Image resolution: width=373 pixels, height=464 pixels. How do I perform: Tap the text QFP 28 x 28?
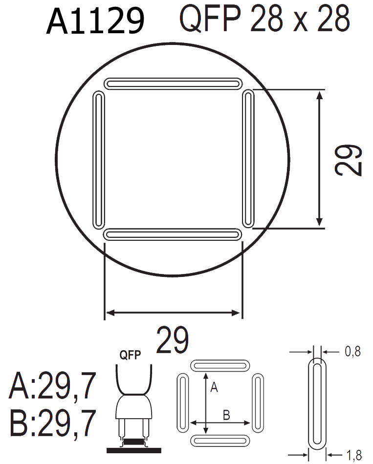point(264,19)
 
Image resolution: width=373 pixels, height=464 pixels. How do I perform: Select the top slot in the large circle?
point(173,84)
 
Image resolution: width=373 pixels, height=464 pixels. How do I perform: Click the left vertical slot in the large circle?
point(99,159)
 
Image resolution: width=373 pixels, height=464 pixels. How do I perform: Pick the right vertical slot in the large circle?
point(248,159)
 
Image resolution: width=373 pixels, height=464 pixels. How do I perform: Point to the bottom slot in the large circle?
point(173,235)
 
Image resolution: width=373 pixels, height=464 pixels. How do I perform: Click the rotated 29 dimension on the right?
point(349,159)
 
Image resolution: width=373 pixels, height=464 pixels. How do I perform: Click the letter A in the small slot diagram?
point(213,387)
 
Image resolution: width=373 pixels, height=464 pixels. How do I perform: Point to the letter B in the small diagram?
point(226,416)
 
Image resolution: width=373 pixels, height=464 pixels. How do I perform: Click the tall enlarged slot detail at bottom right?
point(318,403)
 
